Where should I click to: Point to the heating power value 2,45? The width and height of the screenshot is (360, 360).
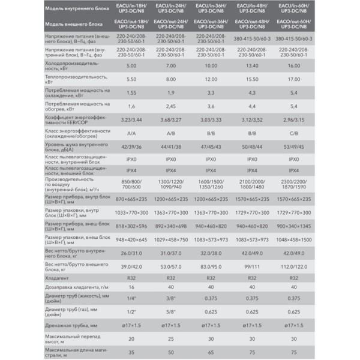(x=170, y=106)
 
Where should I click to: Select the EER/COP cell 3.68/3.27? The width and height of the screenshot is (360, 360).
(x=170, y=119)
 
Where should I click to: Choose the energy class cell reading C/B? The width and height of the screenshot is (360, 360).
(x=293, y=133)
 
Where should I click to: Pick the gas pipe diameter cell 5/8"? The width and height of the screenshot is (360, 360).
(x=170, y=311)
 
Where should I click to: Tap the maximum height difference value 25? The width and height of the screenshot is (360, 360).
(x=170, y=338)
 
